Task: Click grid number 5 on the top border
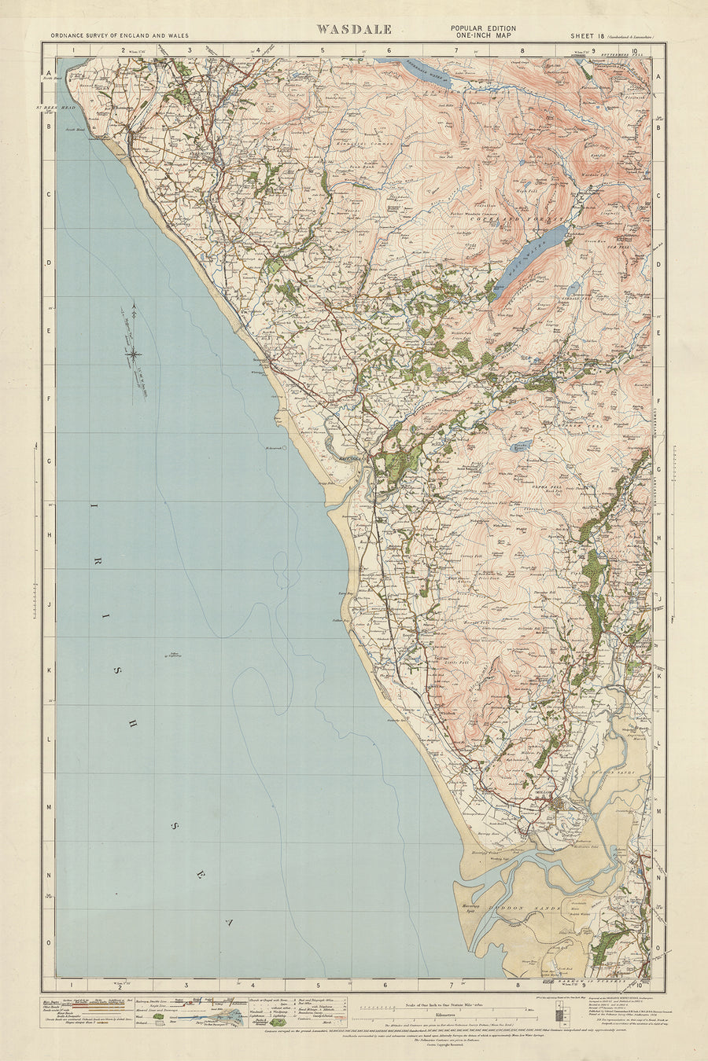coord(323,50)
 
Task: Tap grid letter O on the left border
coord(49,942)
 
